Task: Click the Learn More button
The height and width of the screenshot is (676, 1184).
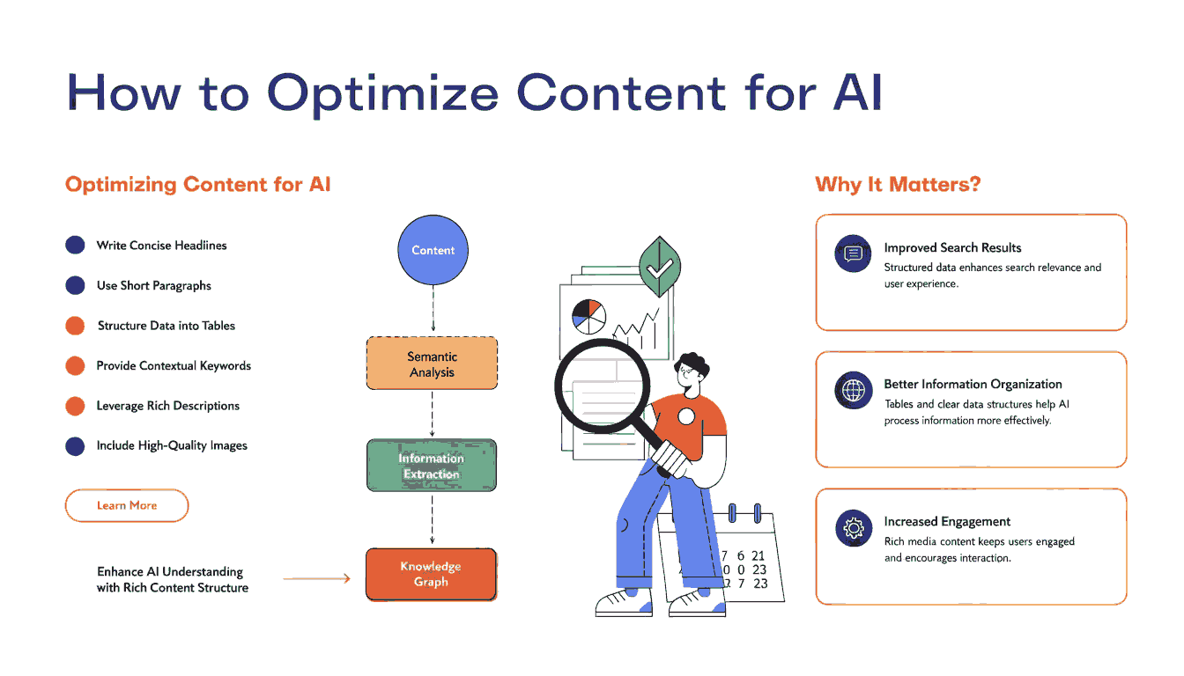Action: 127,506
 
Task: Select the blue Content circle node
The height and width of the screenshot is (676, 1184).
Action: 433,250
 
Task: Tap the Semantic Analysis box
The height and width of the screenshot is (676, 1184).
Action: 432,364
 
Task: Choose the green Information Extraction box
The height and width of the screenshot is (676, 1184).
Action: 432,466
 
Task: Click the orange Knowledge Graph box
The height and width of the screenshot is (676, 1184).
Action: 432,574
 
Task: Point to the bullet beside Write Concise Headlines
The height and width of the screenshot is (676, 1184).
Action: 75,246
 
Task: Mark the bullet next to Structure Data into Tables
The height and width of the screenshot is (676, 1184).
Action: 75,326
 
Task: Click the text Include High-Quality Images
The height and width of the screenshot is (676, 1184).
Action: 172,445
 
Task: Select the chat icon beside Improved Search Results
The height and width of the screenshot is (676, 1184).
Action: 852,254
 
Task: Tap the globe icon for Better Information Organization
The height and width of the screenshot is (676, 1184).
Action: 853,391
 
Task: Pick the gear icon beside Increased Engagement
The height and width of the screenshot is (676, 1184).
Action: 853,528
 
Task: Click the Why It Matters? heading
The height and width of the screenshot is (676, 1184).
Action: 898,185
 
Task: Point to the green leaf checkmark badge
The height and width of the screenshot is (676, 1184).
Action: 658,265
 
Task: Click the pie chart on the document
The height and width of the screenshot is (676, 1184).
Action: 588,316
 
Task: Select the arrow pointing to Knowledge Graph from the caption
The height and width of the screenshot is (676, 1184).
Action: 317,579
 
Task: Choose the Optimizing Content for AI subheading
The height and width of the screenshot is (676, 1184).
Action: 198,185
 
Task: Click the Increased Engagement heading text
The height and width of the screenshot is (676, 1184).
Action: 947,521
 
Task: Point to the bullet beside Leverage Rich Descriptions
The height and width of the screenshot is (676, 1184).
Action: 75,406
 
